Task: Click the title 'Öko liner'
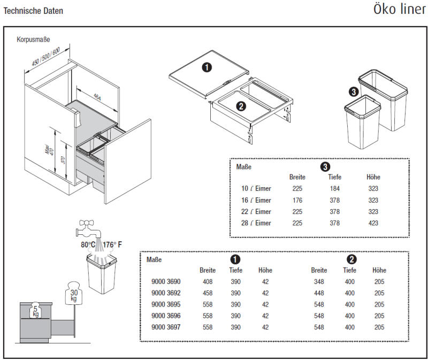(400, 10)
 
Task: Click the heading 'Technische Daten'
(33, 11)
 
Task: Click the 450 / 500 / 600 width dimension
(45, 55)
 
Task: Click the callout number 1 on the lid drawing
(207, 67)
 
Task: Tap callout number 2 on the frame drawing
(241, 106)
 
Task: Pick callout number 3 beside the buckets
(353, 92)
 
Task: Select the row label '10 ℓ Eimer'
(256, 188)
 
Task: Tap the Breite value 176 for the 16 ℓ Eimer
(297, 200)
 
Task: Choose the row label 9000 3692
(166, 293)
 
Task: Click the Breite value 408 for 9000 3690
(208, 282)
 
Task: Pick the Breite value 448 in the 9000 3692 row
(319, 293)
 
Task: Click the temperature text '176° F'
(112, 245)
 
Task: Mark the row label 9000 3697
(166, 327)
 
